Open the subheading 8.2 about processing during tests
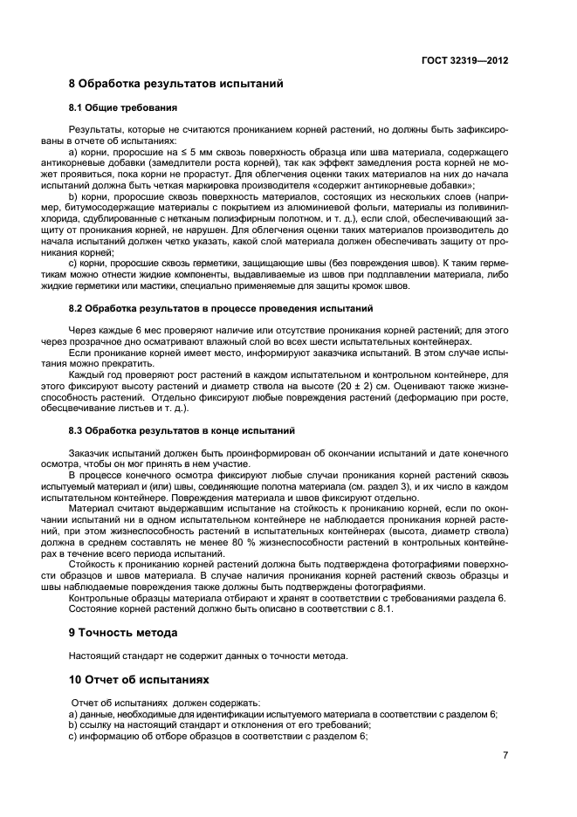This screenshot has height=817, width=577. (221, 309)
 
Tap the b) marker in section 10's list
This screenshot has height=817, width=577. (73, 724)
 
